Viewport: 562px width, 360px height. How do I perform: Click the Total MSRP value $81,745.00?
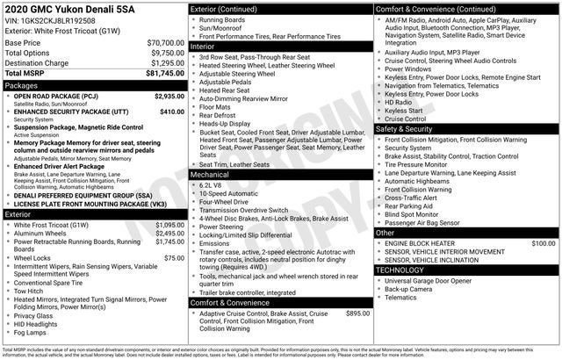coord(160,75)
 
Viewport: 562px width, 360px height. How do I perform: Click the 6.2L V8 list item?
coord(210,185)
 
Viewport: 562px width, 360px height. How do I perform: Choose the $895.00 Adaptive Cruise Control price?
coord(357,313)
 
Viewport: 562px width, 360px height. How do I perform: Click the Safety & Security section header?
coord(405,129)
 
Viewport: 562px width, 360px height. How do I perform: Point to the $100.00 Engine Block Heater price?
coord(544,242)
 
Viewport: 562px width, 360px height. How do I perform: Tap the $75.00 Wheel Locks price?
coord(175,258)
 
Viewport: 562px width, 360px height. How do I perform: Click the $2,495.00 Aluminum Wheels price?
coord(169,233)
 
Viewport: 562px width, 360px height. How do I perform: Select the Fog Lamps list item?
coord(31,333)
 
